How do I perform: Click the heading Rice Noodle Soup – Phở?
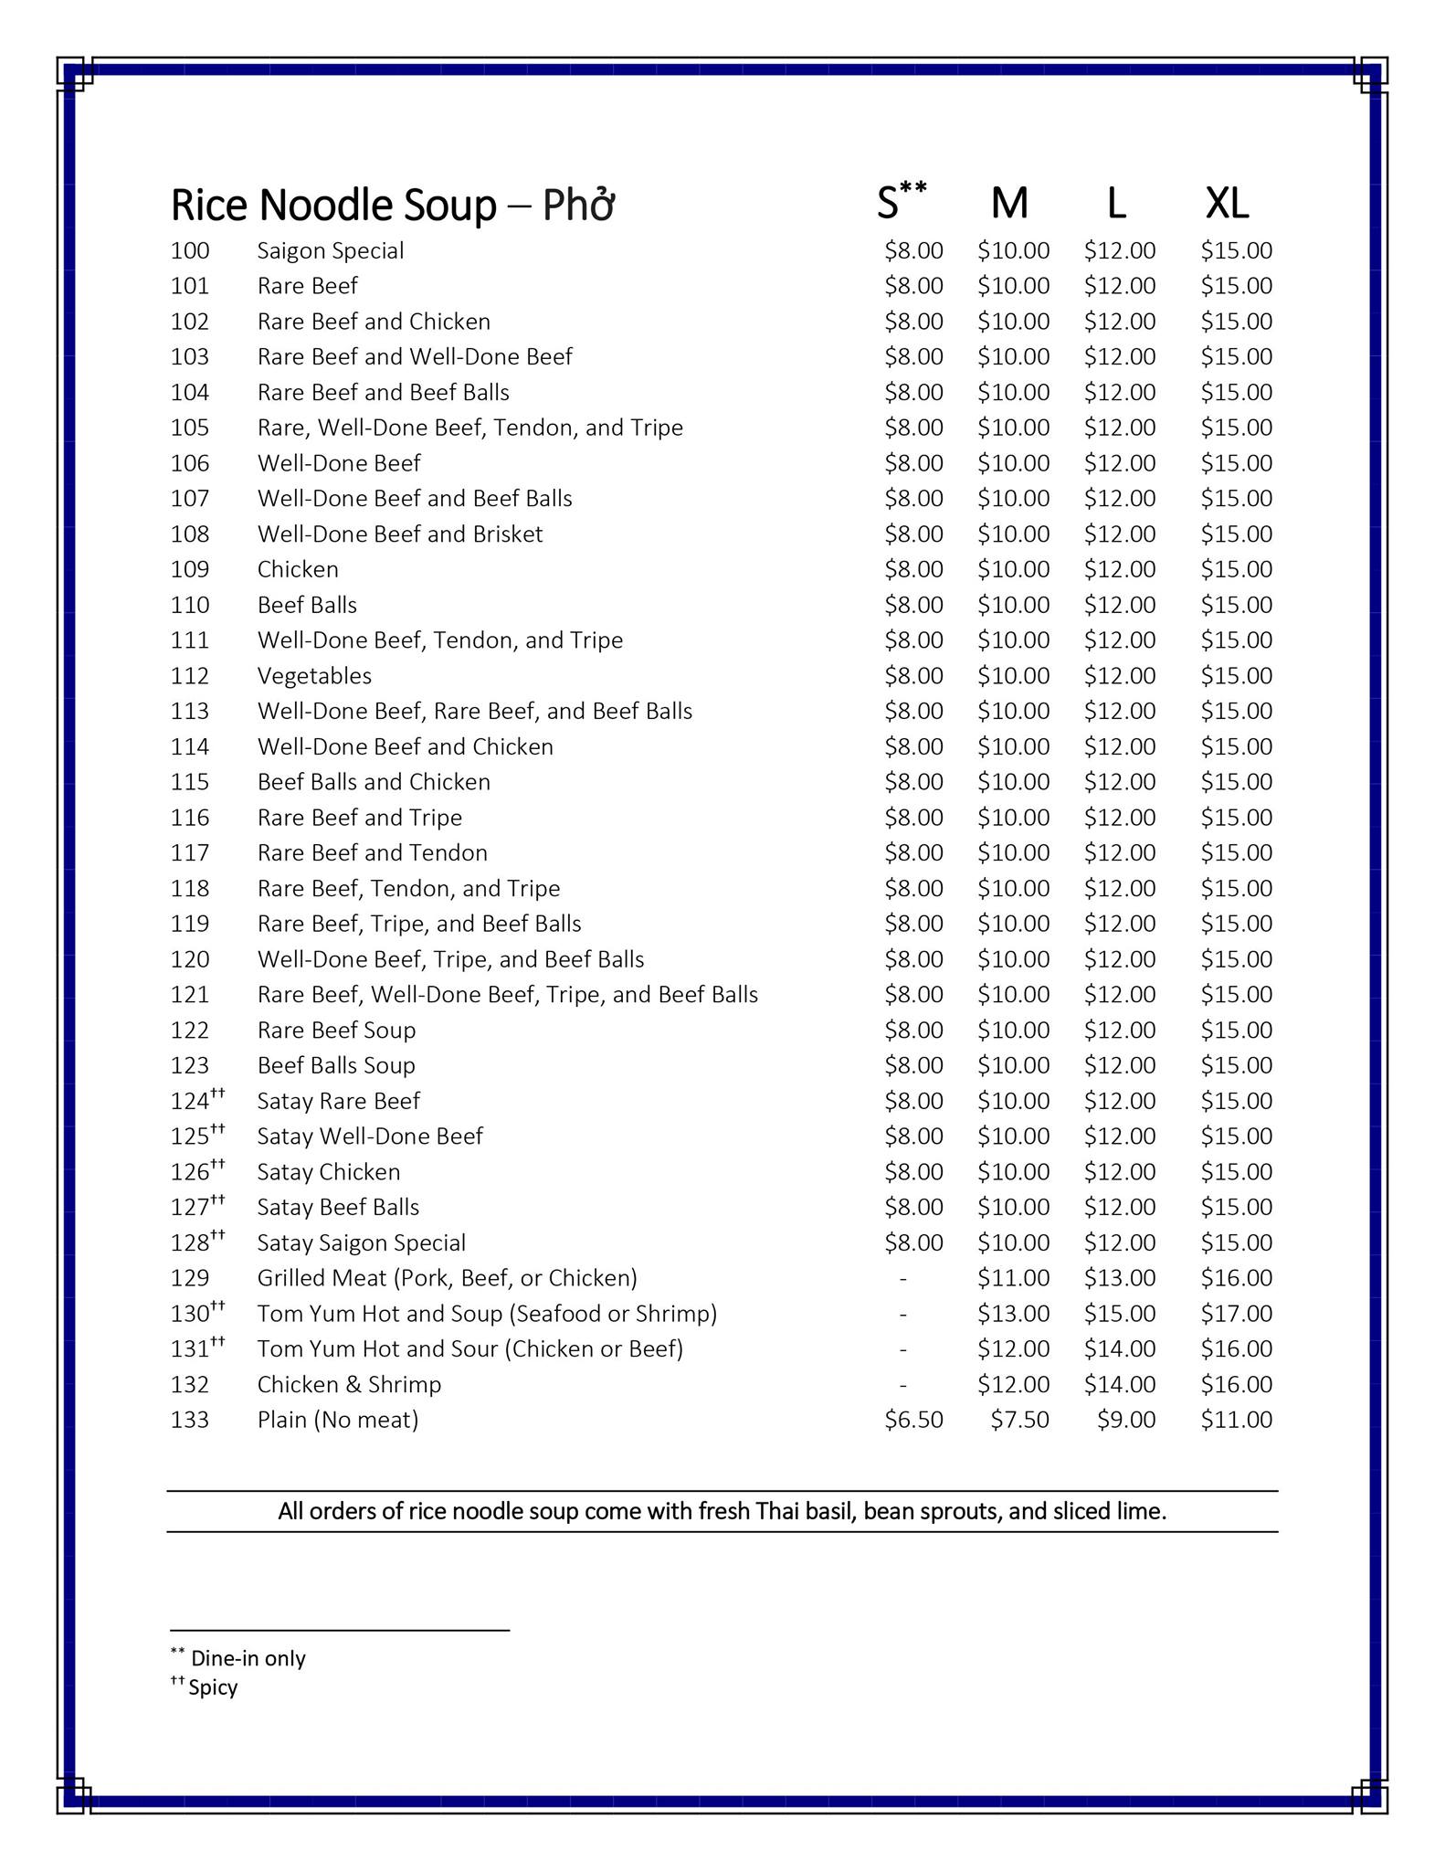click(392, 206)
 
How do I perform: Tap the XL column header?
click(1226, 204)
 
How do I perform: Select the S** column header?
click(901, 202)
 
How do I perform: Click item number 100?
click(190, 251)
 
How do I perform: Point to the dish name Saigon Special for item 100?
click(331, 251)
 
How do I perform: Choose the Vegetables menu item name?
click(314, 676)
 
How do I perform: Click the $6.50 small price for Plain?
click(913, 1420)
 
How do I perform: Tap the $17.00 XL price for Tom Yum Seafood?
click(1236, 1314)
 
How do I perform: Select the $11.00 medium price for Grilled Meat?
click(1013, 1278)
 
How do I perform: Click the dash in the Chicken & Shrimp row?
click(902, 1385)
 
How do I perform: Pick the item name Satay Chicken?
click(329, 1172)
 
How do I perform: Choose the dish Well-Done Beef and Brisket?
click(400, 534)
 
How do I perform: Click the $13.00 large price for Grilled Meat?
click(1120, 1278)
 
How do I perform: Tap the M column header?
click(1009, 204)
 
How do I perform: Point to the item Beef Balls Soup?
click(336, 1065)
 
